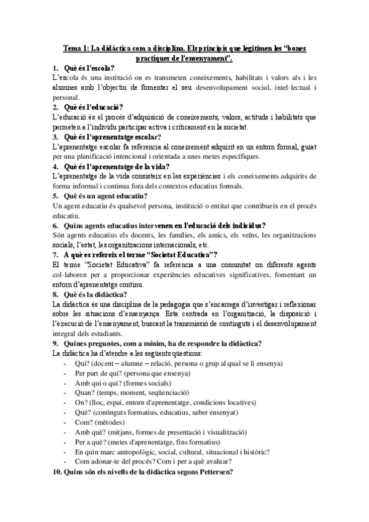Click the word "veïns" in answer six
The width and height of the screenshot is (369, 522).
point(228,235)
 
